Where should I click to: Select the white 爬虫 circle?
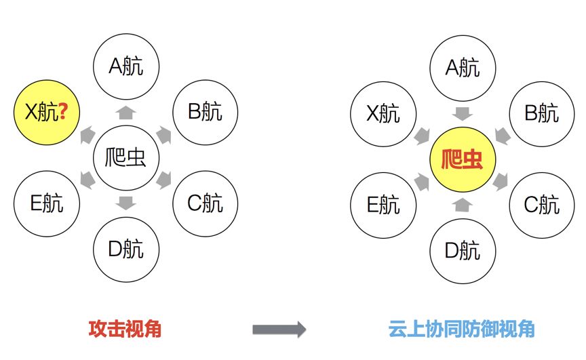pos(125,158)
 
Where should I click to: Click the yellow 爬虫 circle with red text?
pos(463,158)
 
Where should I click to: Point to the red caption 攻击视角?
pos(125,329)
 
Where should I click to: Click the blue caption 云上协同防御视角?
pos(462,329)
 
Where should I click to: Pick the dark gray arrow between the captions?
pos(279,329)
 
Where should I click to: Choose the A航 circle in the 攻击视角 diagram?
pos(125,66)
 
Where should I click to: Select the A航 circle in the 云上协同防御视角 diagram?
pos(463,66)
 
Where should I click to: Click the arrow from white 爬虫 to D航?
pos(125,202)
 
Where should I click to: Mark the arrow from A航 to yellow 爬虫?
pos(463,113)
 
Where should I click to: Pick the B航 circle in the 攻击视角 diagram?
pos(205,112)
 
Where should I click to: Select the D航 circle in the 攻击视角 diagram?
pos(125,249)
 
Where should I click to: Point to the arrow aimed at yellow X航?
pos(87,135)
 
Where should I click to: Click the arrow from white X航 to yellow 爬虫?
pos(424,135)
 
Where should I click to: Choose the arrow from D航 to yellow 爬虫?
pos(463,203)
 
